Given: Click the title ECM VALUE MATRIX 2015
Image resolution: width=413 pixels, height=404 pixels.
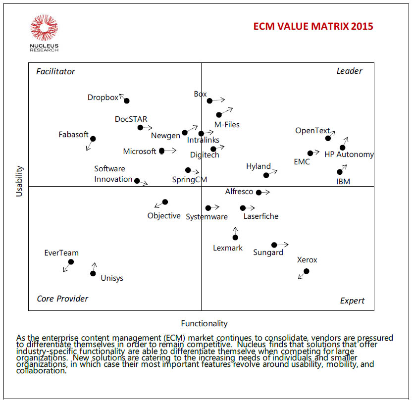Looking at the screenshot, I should point(313,26).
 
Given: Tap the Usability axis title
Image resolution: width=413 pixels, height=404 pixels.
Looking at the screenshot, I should point(20,181).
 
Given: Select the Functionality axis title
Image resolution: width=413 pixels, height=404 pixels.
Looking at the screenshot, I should point(204,323).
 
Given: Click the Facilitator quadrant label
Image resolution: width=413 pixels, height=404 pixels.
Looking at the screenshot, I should point(55,71).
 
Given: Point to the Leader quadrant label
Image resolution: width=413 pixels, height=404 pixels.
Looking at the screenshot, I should point(349,71).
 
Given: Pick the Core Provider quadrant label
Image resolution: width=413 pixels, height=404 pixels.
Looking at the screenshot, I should point(62,299).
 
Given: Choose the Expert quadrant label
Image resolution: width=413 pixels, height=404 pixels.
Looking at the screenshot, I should point(352,301).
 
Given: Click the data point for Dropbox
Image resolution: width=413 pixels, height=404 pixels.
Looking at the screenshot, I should point(127,101).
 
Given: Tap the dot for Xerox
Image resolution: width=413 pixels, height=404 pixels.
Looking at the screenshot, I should point(307,271).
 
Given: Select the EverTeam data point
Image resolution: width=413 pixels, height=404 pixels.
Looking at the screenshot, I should point(71,261).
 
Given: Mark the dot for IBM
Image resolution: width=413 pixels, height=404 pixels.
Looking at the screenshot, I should point(340,172).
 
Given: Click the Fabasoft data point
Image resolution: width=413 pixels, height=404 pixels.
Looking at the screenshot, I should point(93,139).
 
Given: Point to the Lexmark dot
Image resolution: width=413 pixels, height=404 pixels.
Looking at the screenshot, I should point(235,237).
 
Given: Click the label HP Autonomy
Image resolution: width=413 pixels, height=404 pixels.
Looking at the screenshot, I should point(349,154).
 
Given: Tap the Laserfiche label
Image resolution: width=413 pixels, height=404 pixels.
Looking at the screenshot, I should point(261,216).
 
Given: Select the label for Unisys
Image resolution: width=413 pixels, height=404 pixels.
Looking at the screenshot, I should point(112,278).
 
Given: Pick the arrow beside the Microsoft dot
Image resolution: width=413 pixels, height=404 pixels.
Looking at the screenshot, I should point(170,151).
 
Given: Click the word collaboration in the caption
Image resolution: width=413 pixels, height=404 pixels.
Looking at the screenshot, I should point(41,371).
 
